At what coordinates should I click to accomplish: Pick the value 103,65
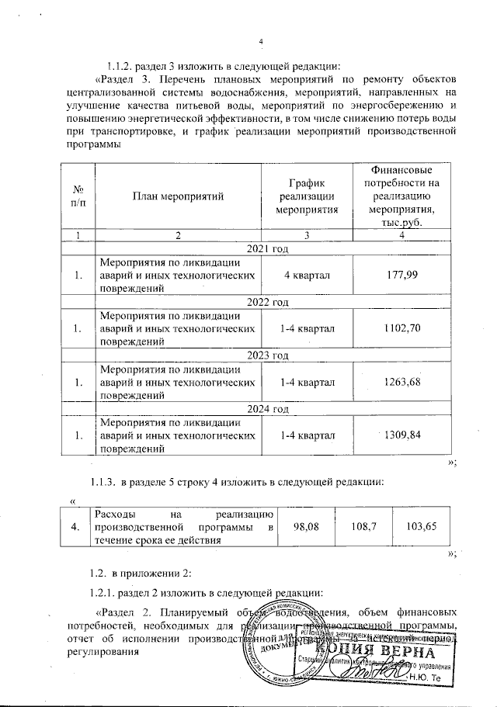pyautogui.click(x=422, y=526)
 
